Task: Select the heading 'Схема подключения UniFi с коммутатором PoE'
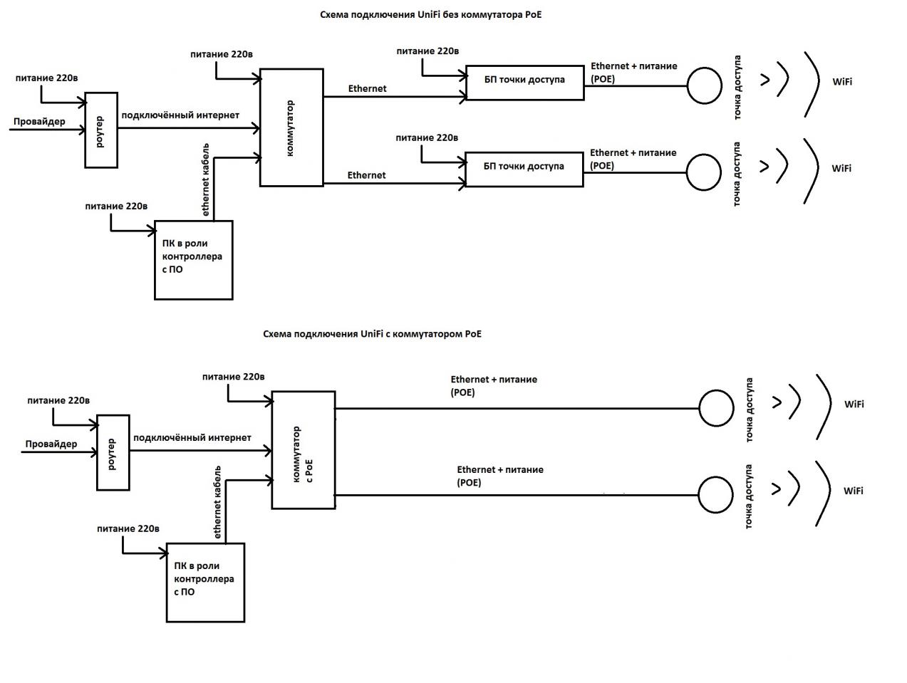click(x=372, y=333)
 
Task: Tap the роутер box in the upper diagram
click(x=101, y=130)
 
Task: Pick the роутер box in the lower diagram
click(x=113, y=453)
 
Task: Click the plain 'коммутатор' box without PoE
click(x=291, y=128)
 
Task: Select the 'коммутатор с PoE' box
click(x=304, y=450)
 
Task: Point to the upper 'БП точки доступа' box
click(x=524, y=83)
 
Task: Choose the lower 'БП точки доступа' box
click(x=524, y=170)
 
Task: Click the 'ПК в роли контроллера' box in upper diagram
click(x=194, y=260)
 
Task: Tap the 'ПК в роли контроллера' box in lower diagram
click(x=205, y=583)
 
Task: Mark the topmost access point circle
click(x=705, y=85)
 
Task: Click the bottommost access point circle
click(x=715, y=495)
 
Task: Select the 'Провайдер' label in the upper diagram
click(x=39, y=121)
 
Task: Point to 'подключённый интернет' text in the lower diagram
click(x=192, y=437)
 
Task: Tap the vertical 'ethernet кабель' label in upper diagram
click(x=205, y=179)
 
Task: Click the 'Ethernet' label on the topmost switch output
click(x=367, y=88)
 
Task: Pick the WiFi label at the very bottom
click(x=854, y=491)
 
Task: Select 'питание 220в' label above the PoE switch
click(x=233, y=377)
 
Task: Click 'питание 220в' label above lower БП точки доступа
click(x=427, y=137)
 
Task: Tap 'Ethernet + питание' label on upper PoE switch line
click(x=494, y=380)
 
